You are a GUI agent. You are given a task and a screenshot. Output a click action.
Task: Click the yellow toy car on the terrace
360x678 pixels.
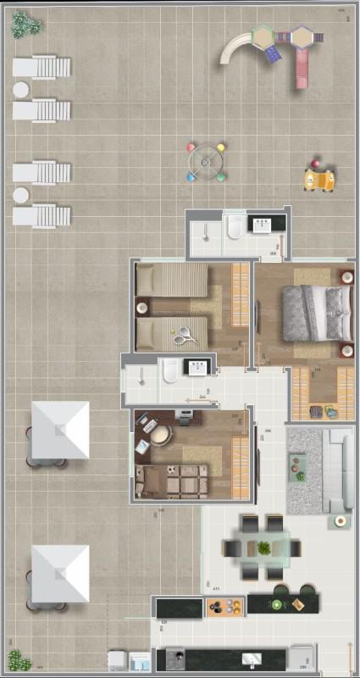pos(319,180)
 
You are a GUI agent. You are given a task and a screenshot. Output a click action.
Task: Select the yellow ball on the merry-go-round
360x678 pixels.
pos(221,147)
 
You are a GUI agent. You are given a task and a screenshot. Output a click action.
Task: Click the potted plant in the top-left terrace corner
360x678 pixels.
pos(25,26)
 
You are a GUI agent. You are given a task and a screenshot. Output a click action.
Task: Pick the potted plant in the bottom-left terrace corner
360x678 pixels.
pos(19,659)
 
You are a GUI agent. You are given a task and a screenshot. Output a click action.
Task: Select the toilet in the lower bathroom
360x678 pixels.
pos(170,370)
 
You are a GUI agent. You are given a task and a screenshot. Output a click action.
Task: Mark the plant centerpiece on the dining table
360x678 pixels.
pos(264,547)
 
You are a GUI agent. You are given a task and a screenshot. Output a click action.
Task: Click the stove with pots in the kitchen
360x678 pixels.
pos(224,606)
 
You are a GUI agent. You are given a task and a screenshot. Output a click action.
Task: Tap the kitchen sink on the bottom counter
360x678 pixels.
pos(252,659)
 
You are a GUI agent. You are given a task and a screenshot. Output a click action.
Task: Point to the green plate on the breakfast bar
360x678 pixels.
pos(276,604)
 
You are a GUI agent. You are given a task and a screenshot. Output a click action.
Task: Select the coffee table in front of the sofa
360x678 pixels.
pos(298,468)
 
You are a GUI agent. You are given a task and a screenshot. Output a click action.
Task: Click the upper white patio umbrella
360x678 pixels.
pos(60,430)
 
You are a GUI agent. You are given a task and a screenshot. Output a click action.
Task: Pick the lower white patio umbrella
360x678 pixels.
pos(60,573)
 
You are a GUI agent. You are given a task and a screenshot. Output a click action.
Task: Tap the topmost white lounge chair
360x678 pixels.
pos(42,66)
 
